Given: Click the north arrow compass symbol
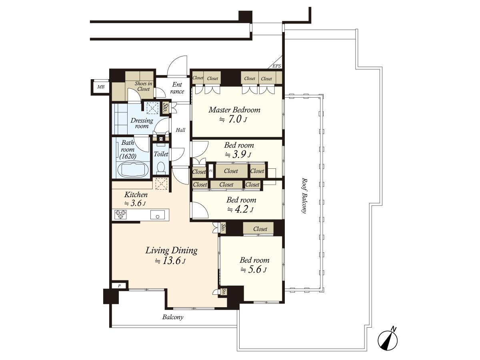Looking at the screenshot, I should pos(388,340).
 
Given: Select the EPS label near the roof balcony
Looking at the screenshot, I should pos(277,66).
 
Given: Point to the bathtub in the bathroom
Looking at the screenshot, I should pos(134,169).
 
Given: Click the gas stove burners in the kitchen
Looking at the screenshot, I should pos(120,215).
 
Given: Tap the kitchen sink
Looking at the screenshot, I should pos(158,215).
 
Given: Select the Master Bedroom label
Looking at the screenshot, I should pos(234,110).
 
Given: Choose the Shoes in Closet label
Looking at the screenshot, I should pos(143,86).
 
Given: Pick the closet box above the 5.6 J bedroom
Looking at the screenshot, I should pos(260,229).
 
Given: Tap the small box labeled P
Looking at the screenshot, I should pos(119,286).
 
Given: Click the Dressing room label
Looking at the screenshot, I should pos(142,123).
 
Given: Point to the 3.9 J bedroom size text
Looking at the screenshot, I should pos(238,155).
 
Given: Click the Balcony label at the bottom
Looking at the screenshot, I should pos(173,317).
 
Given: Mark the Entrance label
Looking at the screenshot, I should pos(177,88).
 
